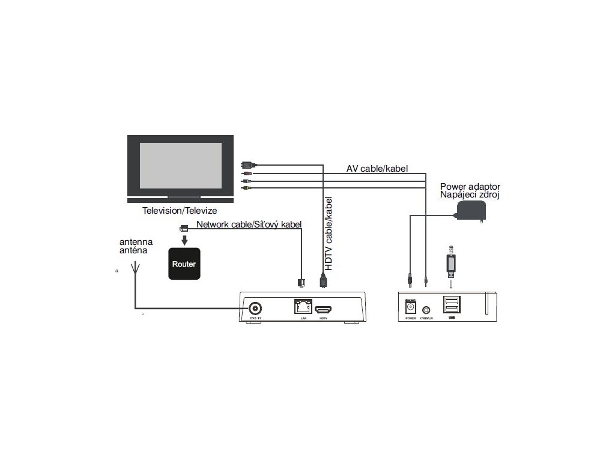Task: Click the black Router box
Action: pos(184,264)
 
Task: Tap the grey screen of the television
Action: pos(181,165)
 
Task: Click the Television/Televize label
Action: pos(180,211)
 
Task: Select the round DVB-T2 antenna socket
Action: pos(255,309)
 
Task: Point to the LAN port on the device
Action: pos(302,307)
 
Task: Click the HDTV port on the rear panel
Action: pos(325,307)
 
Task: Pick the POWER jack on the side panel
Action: pos(411,307)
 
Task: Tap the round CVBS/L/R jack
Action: pos(427,310)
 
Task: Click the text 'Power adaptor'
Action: pos(470,186)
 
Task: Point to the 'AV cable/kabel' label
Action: pos(377,169)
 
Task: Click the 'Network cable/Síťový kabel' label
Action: pos(249,224)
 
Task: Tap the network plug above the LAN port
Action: pos(301,281)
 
